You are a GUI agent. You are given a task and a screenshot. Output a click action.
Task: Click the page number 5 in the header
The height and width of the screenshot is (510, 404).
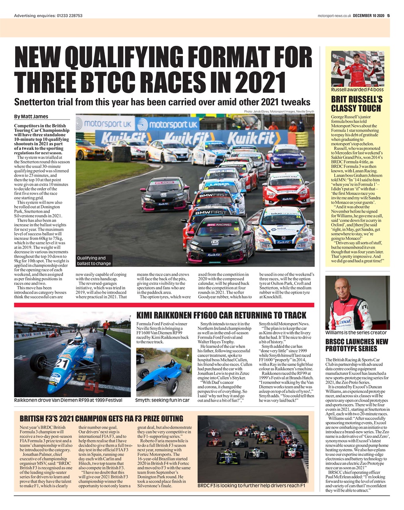tap(388, 16)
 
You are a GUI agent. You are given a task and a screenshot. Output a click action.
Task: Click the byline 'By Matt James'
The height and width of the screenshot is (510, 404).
tap(31, 116)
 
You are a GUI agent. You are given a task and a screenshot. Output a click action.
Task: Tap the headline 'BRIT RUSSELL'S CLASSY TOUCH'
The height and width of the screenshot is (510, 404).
tap(357, 104)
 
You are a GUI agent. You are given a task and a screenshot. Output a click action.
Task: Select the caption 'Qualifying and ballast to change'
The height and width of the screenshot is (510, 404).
tap(94, 261)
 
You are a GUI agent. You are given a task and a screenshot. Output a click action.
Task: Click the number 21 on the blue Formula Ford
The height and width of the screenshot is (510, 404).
tap(61, 364)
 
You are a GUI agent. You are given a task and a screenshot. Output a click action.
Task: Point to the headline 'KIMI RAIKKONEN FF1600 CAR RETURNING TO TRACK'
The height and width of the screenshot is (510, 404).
tap(221, 315)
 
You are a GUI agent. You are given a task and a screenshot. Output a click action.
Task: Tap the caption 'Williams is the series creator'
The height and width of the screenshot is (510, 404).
tap(356, 332)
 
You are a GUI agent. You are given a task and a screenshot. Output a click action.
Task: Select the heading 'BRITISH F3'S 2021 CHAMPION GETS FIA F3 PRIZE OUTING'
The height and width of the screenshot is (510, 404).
tap(101, 418)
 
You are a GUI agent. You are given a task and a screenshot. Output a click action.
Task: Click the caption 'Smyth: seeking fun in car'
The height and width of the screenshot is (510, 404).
tap(162, 400)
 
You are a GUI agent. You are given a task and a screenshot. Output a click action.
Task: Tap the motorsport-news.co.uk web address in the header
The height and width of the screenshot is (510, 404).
tap(334, 16)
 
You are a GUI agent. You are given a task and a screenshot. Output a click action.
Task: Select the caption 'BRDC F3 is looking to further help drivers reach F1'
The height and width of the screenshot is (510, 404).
tap(251, 486)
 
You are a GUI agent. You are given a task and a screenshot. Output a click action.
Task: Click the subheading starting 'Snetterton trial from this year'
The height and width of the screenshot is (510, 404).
tap(162, 101)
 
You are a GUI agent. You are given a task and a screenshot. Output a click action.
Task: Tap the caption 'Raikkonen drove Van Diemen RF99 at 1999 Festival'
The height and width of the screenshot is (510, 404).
tap(68, 400)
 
